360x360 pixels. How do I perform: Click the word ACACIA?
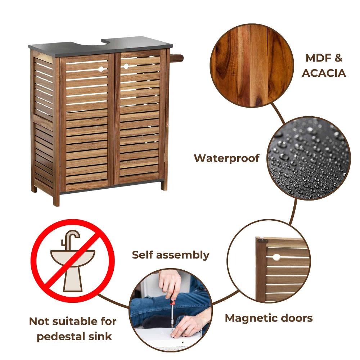coord(324,73)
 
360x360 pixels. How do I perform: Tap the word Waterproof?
coord(227,158)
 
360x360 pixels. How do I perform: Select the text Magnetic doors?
coord(269,318)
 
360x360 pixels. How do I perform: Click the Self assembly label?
coord(170,255)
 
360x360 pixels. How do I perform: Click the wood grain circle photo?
coord(252,65)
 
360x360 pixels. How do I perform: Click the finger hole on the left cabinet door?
coord(101,69)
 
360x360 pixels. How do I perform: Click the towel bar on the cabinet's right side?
coord(177,58)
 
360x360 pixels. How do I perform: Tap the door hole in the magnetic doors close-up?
coord(276,257)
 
